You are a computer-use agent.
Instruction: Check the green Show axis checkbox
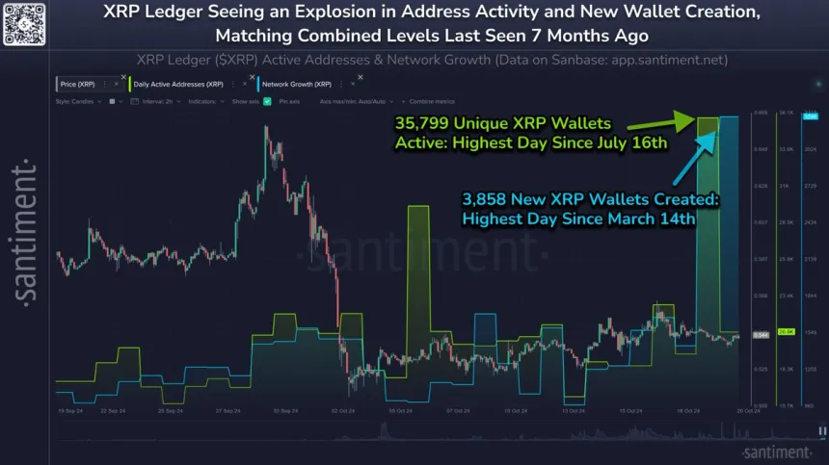[x=266, y=99]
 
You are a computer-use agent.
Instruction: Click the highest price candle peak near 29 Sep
[x=265, y=127]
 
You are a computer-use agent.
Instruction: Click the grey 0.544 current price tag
[x=760, y=334]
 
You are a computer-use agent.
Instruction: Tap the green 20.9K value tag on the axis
[x=786, y=330]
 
